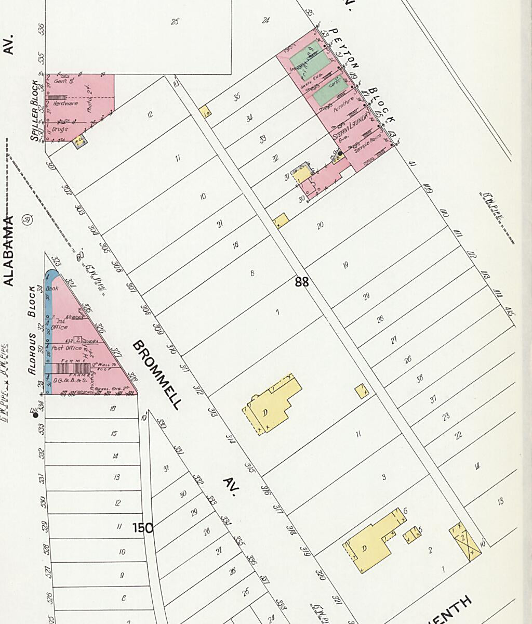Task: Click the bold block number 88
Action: (302, 282)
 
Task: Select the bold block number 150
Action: (142, 528)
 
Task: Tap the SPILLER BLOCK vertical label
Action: (35, 111)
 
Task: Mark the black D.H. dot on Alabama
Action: (35, 414)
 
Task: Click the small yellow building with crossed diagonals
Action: (465, 541)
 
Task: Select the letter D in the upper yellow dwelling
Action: (265, 412)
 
